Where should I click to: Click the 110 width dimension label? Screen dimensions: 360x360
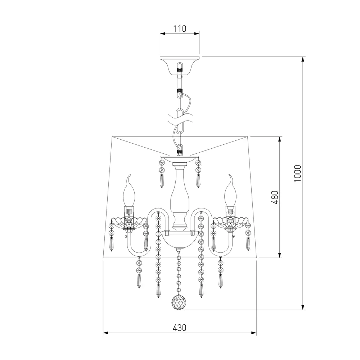[x=180, y=29]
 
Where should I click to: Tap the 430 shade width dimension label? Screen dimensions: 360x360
[x=180, y=328]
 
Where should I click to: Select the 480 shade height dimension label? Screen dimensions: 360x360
[x=275, y=197]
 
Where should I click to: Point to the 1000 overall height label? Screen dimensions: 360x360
[x=298, y=174]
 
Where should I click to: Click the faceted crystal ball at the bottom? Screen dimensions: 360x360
[x=179, y=302]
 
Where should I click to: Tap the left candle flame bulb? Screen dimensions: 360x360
[x=129, y=191]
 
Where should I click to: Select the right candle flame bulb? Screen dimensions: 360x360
[x=230, y=191]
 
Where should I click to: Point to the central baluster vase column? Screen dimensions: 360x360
[x=180, y=198]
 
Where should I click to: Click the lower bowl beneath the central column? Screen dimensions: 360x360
[x=180, y=240]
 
